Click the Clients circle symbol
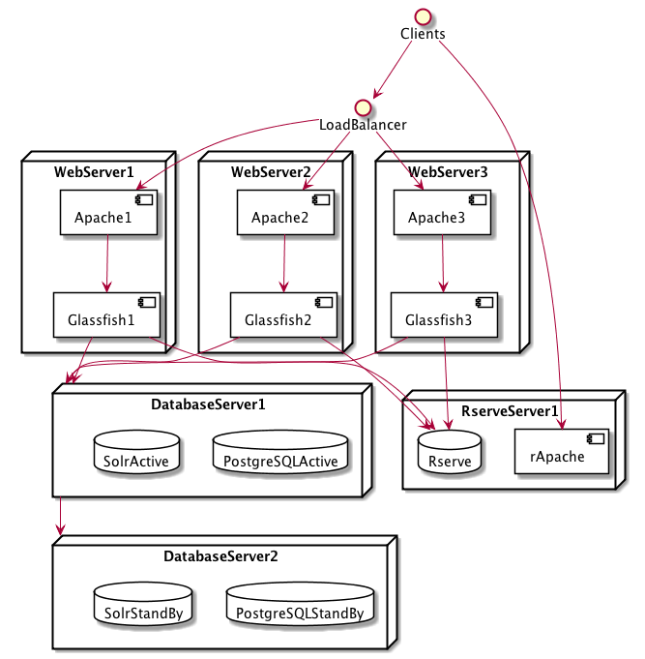(423, 15)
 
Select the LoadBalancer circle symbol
(363, 106)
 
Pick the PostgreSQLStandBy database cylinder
(300, 607)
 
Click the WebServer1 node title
(94, 172)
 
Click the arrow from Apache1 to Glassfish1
(106, 262)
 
